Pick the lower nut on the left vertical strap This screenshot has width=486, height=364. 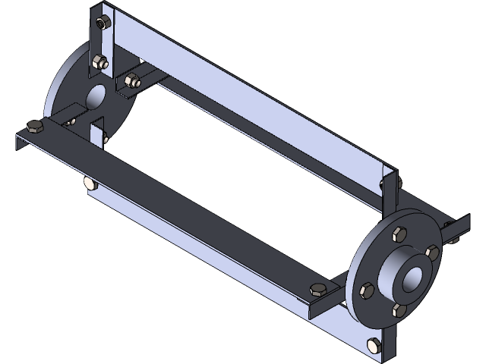point(98,63)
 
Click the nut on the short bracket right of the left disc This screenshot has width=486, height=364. point(131,80)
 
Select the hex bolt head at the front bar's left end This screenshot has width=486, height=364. point(33,127)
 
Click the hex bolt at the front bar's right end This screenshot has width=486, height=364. point(317,288)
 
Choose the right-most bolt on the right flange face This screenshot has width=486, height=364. point(432,252)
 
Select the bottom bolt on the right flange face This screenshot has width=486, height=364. point(397,308)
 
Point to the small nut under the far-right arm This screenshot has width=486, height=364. point(455,240)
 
